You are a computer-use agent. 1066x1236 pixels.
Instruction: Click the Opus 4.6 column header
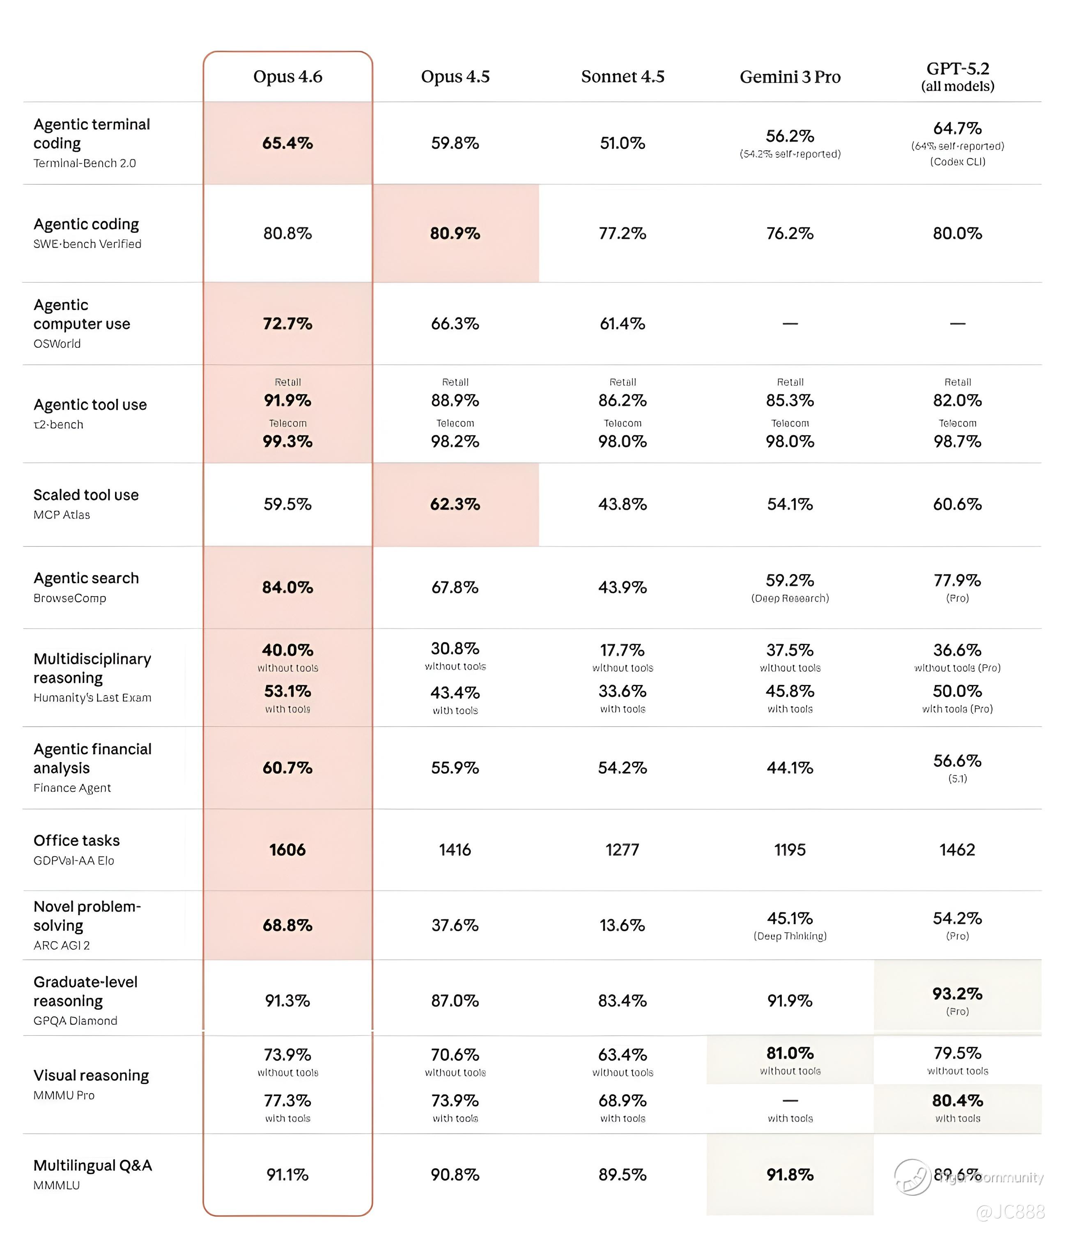click(287, 76)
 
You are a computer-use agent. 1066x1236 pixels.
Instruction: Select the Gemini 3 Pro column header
click(790, 77)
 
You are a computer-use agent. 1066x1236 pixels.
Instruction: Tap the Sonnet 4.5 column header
click(622, 76)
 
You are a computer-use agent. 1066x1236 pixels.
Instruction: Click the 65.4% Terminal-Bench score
click(287, 143)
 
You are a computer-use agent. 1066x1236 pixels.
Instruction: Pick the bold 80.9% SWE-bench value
click(455, 233)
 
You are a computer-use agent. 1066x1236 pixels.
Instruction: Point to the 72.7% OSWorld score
click(287, 323)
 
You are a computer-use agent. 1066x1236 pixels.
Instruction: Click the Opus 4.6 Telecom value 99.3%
click(287, 441)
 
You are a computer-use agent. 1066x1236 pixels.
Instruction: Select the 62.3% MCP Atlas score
click(455, 504)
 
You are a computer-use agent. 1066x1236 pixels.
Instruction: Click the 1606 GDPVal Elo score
click(287, 850)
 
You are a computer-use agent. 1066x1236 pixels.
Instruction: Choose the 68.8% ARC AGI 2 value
click(287, 925)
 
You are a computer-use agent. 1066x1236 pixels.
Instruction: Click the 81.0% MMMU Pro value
click(790, 1053)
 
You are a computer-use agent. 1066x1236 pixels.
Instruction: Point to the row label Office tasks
click(76, 841)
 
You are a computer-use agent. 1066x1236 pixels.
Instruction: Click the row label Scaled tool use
click(86, 495)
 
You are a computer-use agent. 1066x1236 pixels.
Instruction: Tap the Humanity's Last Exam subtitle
click(92, 697)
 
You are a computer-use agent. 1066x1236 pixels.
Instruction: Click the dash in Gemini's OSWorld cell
click(790, 323)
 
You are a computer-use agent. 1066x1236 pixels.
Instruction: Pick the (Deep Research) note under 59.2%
click(790, 598)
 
